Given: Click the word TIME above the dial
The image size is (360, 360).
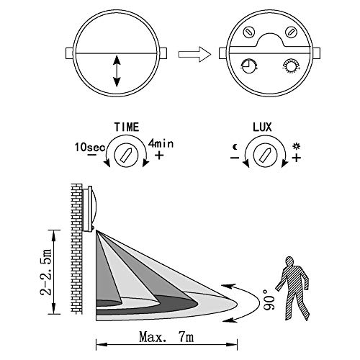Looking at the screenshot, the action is (127, 127).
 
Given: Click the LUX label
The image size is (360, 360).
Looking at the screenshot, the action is (262, 127).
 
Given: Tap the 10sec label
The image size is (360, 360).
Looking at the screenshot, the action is (90, 147).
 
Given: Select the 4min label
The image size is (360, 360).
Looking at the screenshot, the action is (161, 143).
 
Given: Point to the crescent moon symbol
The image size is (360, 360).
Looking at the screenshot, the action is (235, 147).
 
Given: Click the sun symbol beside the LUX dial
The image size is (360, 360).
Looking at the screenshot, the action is (297, 146).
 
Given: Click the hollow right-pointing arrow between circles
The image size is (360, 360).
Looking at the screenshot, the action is (194, 54).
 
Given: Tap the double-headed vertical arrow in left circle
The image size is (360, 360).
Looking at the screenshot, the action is (117, 71).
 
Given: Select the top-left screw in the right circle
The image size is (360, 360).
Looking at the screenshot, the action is (249, 32).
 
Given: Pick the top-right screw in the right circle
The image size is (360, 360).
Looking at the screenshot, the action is (291, 32).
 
